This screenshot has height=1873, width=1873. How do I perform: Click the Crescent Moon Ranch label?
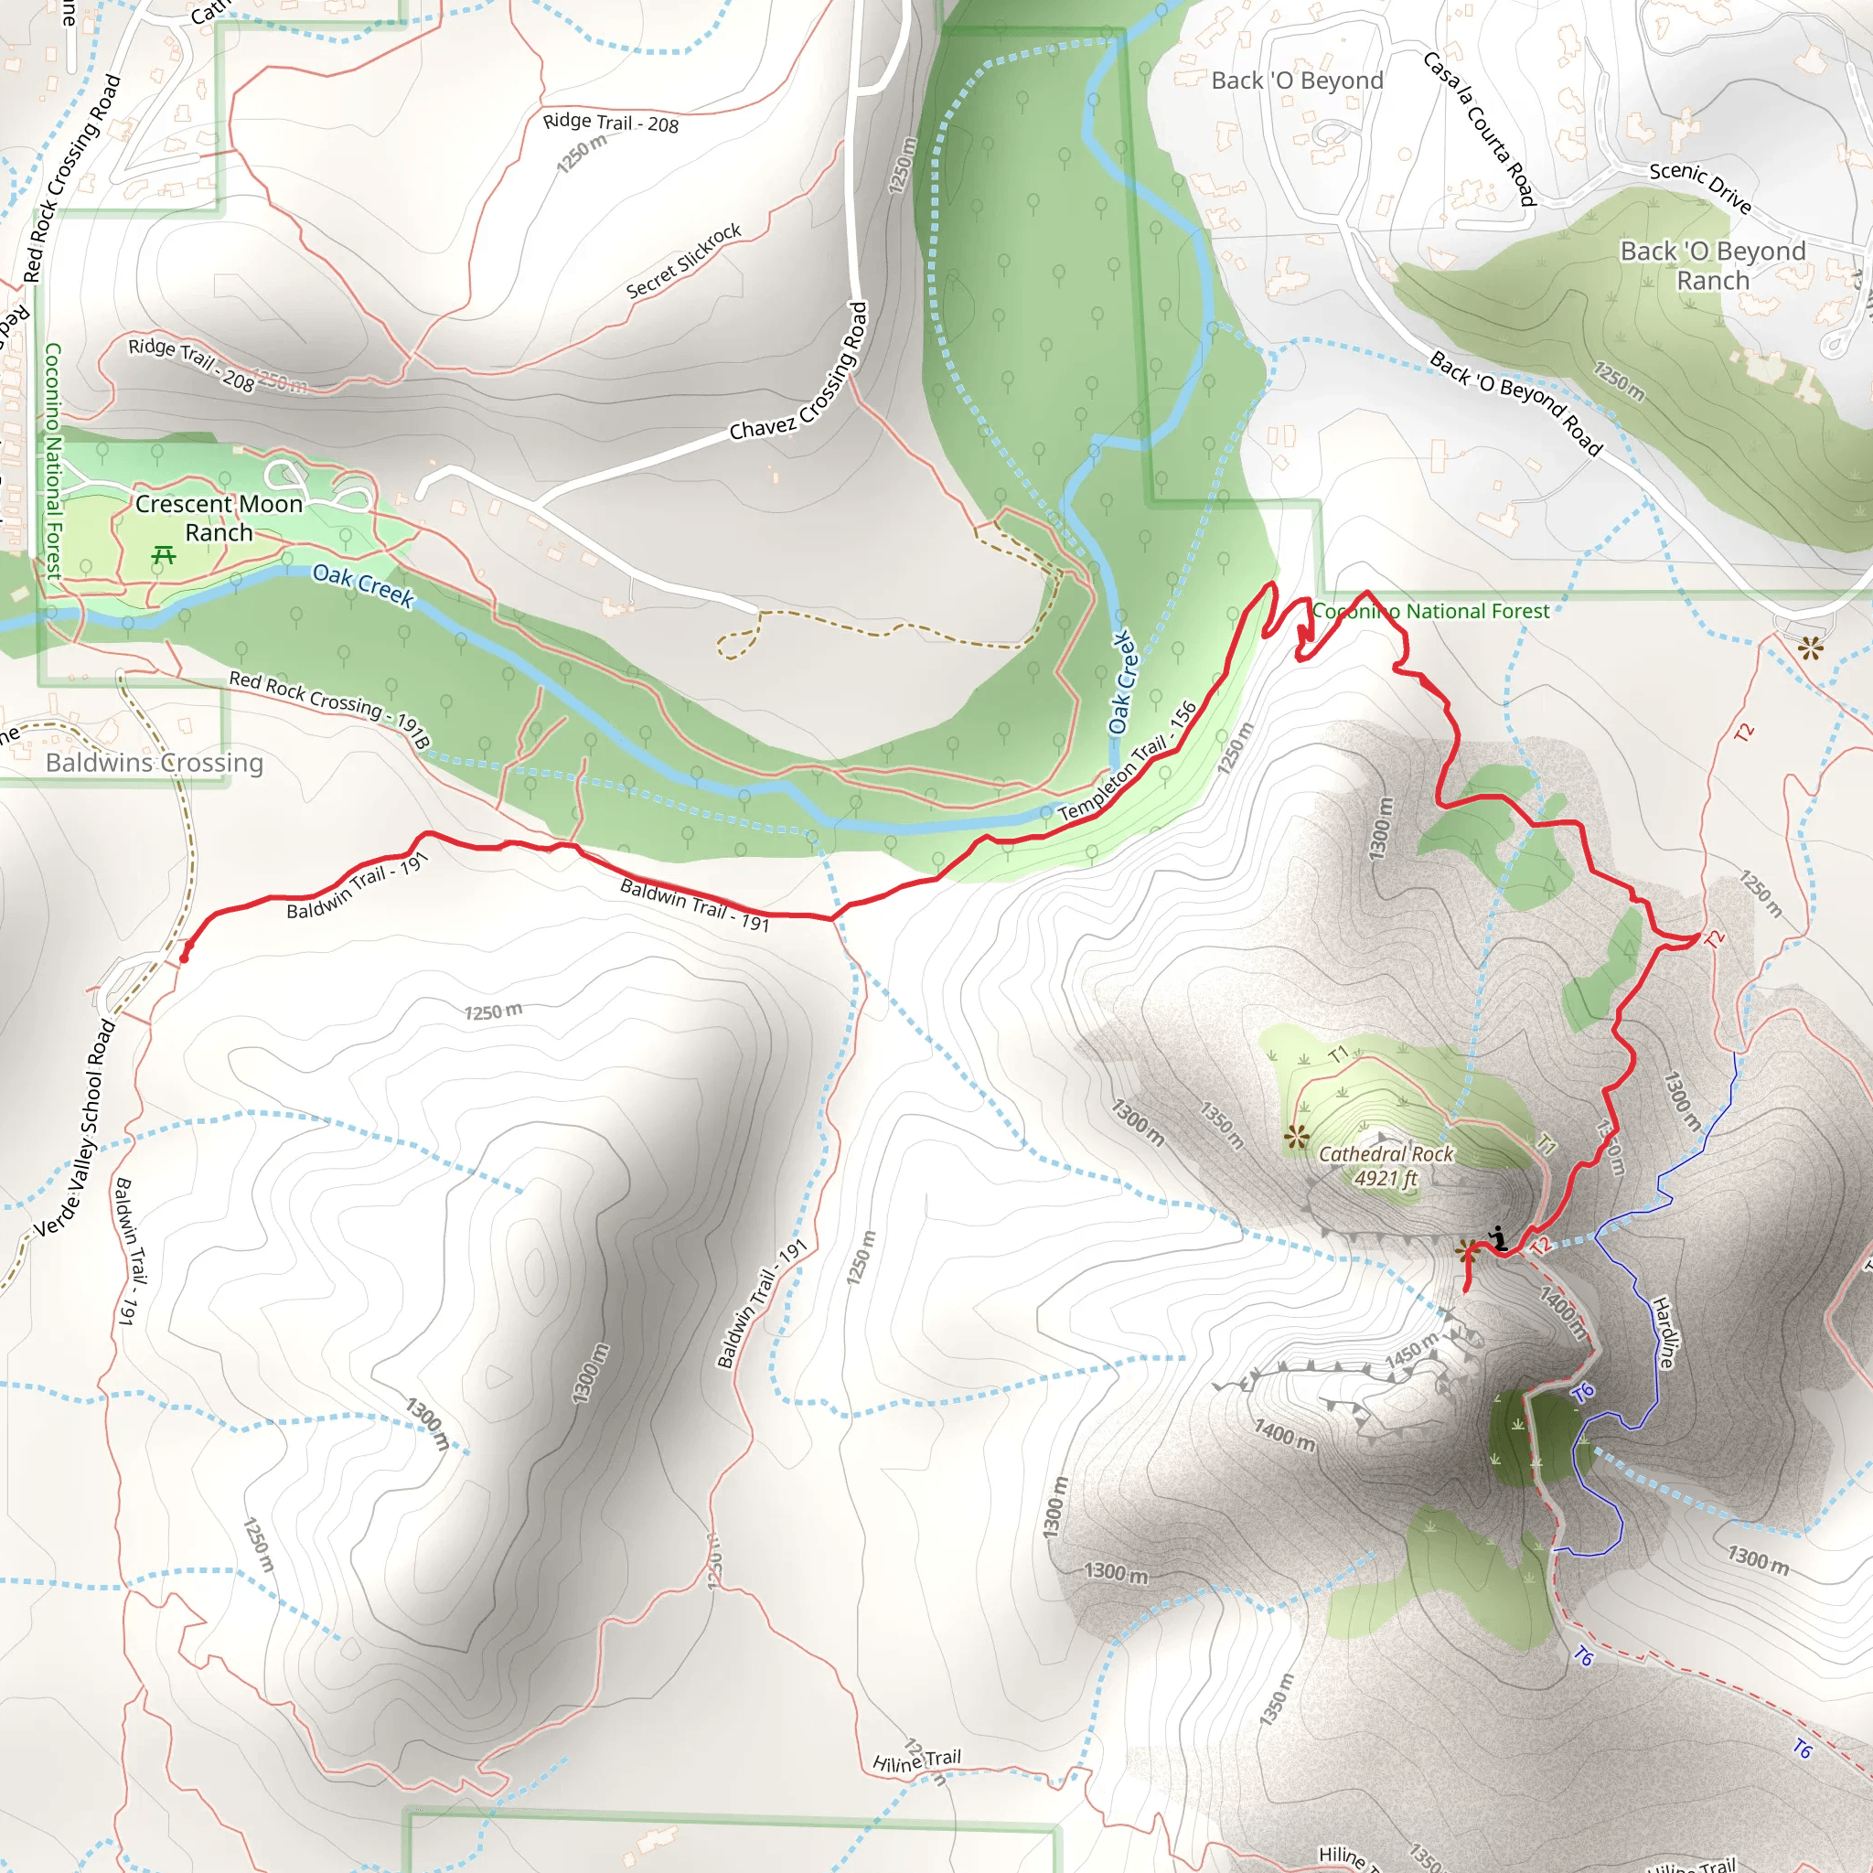click(219, 518)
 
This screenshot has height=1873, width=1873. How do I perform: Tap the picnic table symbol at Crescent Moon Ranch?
click(164, 555)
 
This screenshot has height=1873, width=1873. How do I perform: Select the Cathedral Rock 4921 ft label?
click(1386, 1165)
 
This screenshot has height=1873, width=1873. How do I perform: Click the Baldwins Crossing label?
click(155, 763)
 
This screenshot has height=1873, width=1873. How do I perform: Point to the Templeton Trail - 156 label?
click(1127, 764)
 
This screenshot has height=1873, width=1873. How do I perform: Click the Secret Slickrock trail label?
click(683, 261)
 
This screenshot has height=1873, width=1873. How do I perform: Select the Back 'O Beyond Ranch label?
click(1712, 265)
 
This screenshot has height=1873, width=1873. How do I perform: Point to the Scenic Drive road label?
click(1700, 187)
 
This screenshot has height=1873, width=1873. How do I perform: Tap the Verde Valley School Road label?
click(76, 1129)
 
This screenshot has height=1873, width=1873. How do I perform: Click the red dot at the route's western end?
click(184, 958)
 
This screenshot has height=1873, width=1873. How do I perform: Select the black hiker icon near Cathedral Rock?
click(1499, 1239)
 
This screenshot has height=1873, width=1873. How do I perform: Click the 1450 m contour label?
click(1411, 1353)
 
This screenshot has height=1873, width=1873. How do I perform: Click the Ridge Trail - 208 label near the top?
click(610, 123)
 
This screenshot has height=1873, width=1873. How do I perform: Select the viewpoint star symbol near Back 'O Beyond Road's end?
click(1810, 648)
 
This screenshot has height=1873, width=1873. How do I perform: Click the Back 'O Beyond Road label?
click(1515, 402)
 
